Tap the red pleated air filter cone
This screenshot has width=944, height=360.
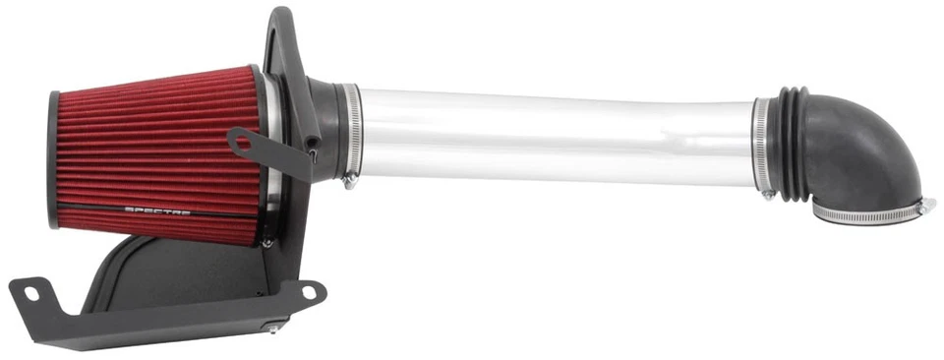(157, 148)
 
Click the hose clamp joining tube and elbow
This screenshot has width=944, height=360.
(762, 143)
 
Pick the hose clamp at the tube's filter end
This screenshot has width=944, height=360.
(351, 133)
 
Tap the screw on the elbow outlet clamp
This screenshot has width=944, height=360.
(924, 206)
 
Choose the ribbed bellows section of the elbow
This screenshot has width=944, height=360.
(792, 143)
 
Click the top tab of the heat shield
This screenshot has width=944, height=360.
(280, 30)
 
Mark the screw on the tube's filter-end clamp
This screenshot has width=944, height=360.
(349, 180)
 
